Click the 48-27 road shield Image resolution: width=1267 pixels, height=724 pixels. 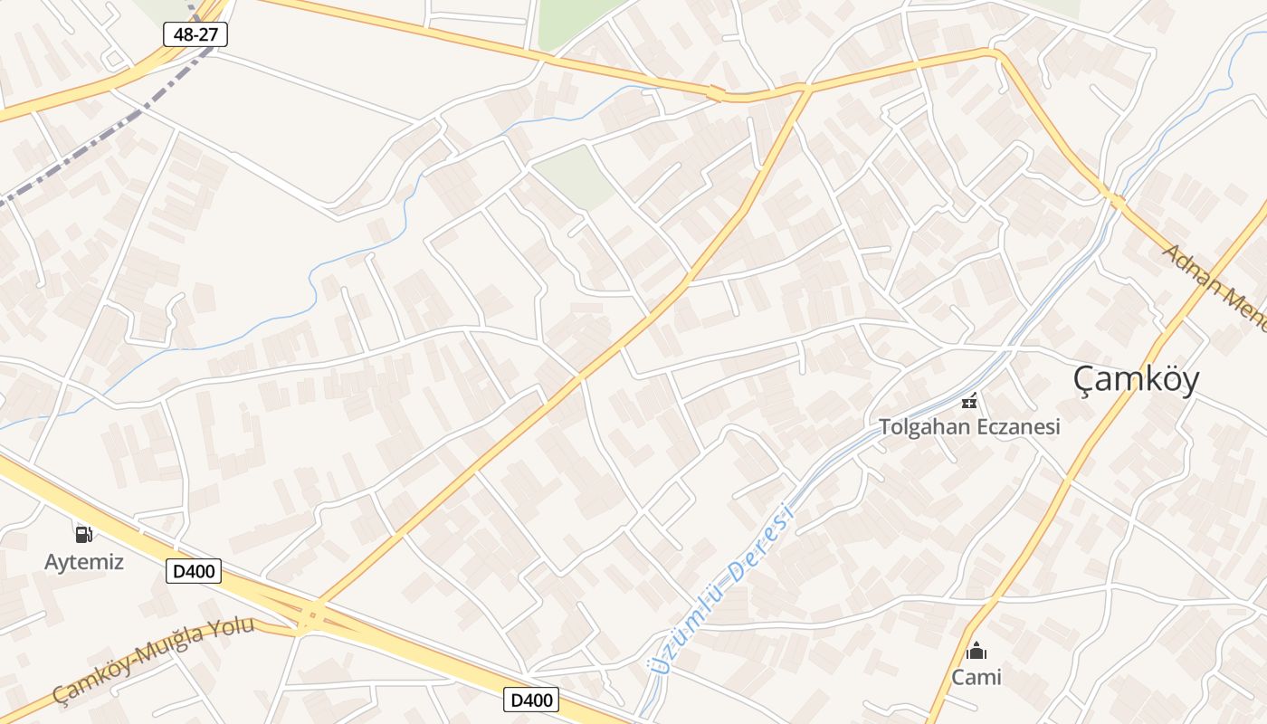(195, 34)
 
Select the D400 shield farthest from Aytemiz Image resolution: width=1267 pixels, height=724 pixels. (531, 700)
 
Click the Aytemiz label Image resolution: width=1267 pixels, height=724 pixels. (84, 562)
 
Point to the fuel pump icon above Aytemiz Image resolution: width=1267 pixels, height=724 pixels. (84, 534)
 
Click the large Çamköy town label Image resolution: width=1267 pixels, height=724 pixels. (1137, 379)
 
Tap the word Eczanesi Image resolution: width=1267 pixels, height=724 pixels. (1015, 426)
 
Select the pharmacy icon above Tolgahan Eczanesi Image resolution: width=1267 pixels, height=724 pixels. (969, 401)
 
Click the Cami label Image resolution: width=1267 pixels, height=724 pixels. (976, 677)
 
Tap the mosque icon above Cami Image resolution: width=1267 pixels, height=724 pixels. (976, 651)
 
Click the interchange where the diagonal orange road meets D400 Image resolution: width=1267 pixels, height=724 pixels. (310, 615)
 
